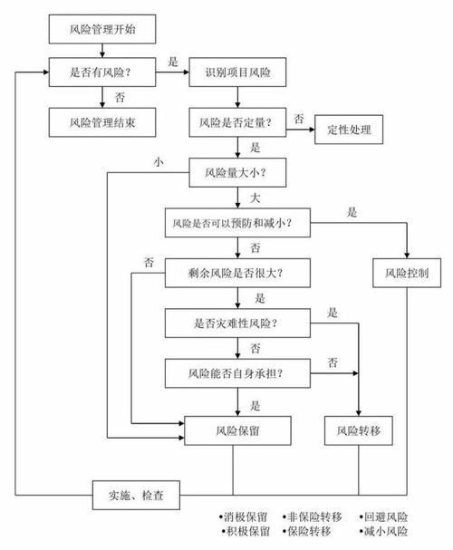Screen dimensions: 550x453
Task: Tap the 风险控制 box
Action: (406, 271)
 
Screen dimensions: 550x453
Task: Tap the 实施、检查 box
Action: (137, 495)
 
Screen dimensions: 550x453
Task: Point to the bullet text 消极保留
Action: (240, 514)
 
